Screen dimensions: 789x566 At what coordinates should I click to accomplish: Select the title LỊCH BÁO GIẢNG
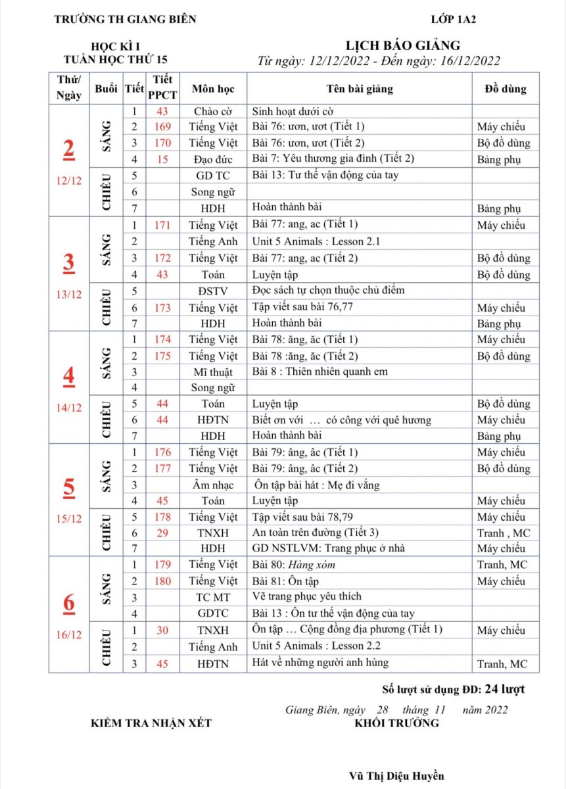(403, 45)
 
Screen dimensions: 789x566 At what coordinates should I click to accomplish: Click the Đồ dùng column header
(505, 89)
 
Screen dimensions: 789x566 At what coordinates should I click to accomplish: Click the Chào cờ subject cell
(213, 111)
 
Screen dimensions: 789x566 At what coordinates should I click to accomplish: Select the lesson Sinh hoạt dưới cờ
(298, 111)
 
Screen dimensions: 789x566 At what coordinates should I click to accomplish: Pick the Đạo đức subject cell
(213, 159)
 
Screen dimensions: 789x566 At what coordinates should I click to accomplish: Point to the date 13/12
(68, 294)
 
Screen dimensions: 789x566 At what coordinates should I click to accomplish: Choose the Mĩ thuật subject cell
(213, 371)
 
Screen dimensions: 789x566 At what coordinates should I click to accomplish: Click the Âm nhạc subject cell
(213, 485)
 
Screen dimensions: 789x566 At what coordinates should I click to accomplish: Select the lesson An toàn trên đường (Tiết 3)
(316, 533)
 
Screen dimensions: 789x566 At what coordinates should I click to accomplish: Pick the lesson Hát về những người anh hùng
(320, 663)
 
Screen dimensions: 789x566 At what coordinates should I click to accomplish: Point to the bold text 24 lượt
(504, 689)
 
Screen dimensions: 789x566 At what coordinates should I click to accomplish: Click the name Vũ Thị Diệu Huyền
(396, 776)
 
